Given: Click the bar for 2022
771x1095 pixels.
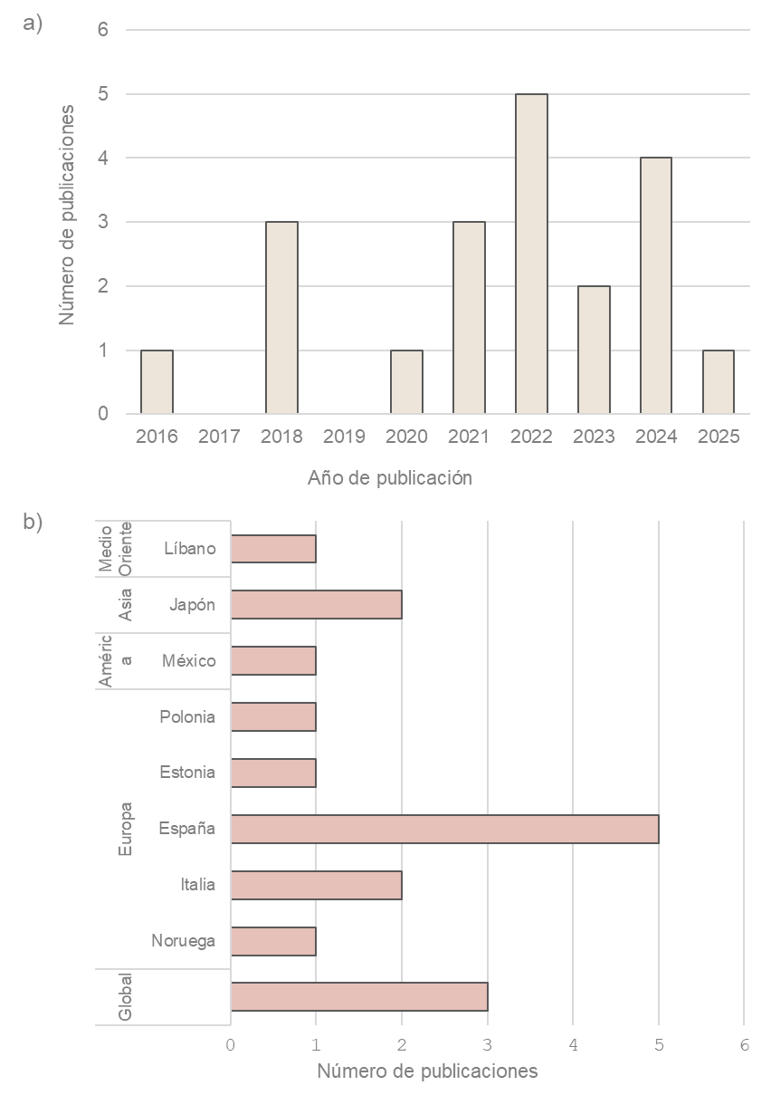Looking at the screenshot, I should coord(531,255).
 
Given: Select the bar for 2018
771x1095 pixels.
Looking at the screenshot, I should coord(281,318).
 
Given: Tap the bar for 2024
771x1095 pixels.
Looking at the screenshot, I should coord(656,286).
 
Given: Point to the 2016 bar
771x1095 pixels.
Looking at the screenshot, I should coord(157,382).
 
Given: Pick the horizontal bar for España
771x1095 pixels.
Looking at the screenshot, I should coord(444,830).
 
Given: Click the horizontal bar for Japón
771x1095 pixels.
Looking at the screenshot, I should coord(316,605).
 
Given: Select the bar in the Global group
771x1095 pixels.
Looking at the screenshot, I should coord(359,996).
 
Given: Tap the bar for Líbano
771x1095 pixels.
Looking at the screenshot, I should coord(273,549).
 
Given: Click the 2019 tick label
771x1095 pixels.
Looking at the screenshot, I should coord(344,437).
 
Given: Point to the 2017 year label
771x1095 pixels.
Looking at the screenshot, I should coord(219,437).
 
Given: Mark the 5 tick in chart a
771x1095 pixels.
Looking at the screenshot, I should coord(103,94).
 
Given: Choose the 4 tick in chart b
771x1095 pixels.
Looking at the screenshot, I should coord(573,1044).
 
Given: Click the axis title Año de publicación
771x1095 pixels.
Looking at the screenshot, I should coord(390,477).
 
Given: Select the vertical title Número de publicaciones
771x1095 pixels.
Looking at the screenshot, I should coord(66,214).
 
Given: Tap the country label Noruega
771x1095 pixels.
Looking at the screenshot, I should coord(184,941).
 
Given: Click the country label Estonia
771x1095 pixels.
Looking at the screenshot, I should coord(187,773).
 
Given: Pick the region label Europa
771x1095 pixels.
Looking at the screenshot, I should coord(126,829).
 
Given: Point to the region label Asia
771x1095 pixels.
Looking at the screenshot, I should coord(126,605).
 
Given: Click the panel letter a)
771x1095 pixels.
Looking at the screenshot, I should coord(33,24).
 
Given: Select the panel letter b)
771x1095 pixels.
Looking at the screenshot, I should coord(33,523).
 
